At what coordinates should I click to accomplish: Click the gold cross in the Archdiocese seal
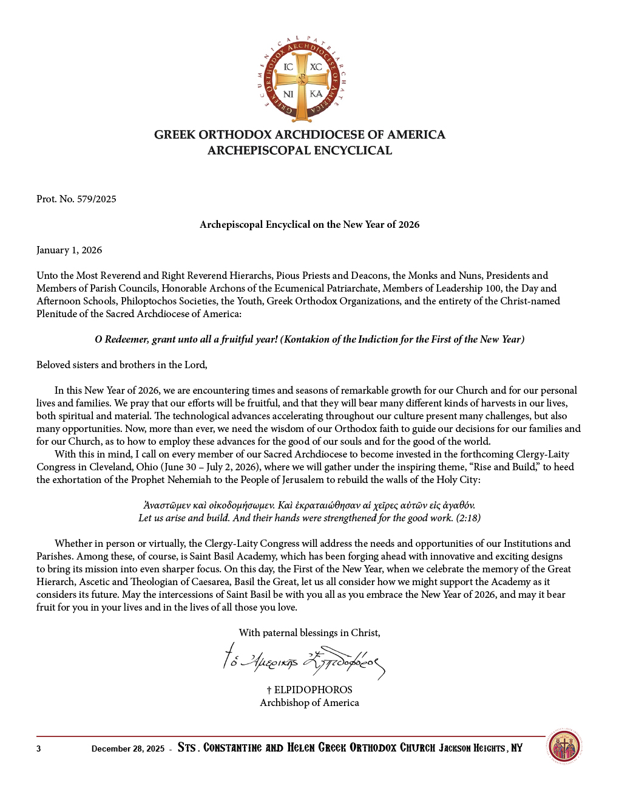[x=302, y=80]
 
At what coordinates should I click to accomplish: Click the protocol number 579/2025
[x=96, y=199]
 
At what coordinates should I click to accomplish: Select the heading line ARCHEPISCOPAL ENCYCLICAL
[x=300, y=151]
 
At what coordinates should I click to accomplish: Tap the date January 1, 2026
[x=69, y=250]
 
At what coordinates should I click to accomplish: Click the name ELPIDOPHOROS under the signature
[x=313, y=690]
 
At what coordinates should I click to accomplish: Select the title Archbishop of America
[x=309, y=703]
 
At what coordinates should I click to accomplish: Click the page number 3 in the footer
[x=39, y=749]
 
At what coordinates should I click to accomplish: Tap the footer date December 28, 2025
[x=128, y=749]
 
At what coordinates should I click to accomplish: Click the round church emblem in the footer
[x=564, y=747]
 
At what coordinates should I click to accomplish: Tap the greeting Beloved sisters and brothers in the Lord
[x=122, y=365]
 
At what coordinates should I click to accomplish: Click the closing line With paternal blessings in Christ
[x=309, y=633]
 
